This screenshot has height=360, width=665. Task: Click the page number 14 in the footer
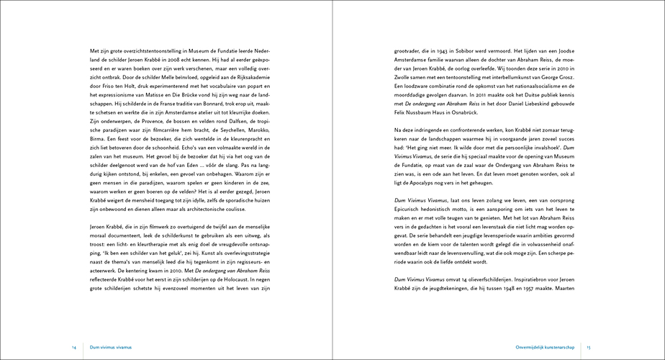[x=74, y=347]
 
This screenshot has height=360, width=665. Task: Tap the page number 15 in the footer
[x=589, y=347]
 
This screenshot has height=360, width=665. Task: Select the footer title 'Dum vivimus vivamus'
[x=111, y=347]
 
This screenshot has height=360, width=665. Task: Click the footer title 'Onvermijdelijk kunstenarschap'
[x=546, y=347]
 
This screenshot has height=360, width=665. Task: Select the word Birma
[x=99, y=141]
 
